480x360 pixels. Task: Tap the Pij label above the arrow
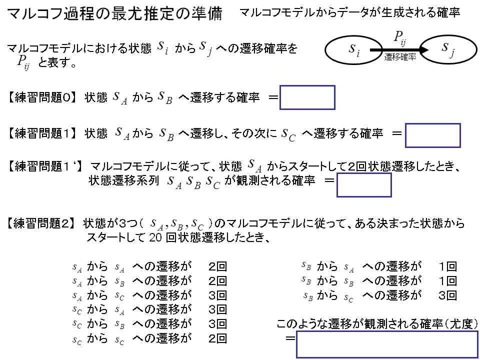pos(400,38)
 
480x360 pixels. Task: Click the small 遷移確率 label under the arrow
pos(400,57)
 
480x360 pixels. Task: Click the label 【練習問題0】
pos(41,97)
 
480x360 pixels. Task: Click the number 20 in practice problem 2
pos(155,237)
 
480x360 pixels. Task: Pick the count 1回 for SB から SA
pos(448,266)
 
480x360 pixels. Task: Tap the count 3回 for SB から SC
pos(448,295)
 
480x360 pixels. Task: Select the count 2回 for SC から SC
pos(217,338)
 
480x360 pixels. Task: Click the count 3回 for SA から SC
pos(217,295)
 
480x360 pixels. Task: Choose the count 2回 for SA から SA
pos(217,266)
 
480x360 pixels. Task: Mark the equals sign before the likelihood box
pos(290,338)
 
